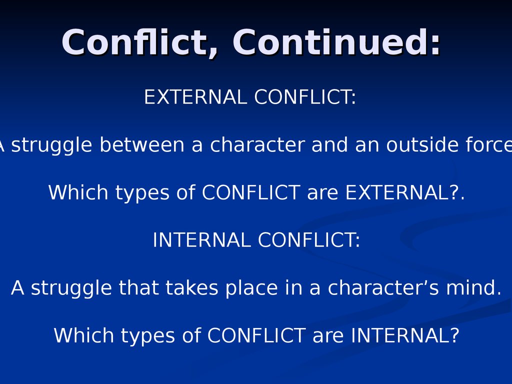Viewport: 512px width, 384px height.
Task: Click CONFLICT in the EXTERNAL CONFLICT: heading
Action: tap(305, 97)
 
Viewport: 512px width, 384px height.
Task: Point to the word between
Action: tap(142, 144)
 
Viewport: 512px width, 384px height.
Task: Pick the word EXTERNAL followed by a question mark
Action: tap(402, 192)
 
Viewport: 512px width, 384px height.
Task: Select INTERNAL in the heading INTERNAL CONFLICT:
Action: tap(201, 240)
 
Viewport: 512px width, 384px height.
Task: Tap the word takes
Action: tap(191, 287)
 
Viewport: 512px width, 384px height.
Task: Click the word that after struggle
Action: tap(138, 287)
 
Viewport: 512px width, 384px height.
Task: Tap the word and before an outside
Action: tap(330, 144)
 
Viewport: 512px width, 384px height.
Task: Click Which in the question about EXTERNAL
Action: tap(78, 192)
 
